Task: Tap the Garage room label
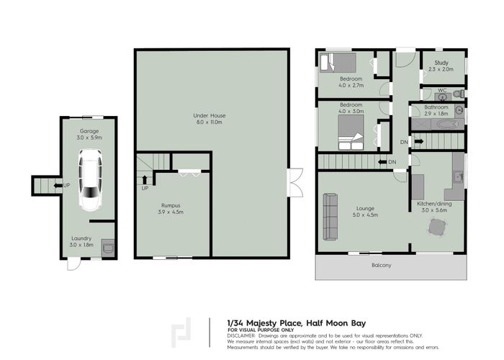pyautogui.click(x=89, y=134)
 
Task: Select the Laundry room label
pyautogui.click(x=81, y=240)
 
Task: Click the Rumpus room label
pyautogui.click(x=171, y=210)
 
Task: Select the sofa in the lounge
pyautogui.click(x=330, y=217)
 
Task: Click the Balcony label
pyautogui.click(x=382, y=266)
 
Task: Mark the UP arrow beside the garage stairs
pyautogui.click(x=58, y=185)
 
